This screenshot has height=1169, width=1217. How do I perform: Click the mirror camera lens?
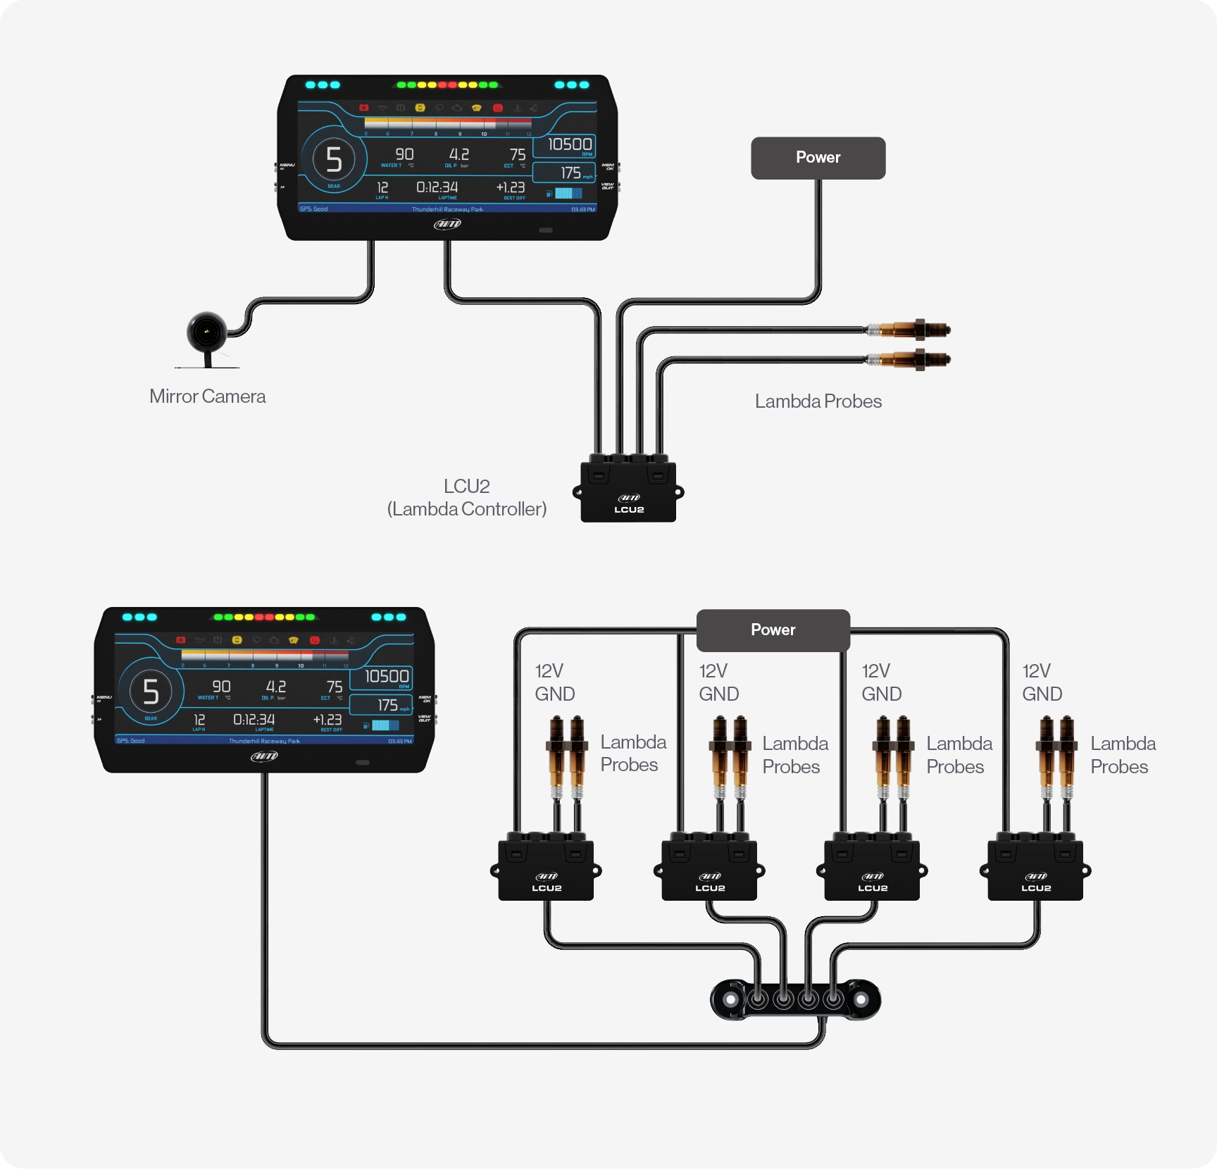[x=206, y=332]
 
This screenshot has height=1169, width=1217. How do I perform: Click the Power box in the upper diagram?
[x=818, y=158]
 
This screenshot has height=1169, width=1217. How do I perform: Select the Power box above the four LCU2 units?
[x=773, y=630]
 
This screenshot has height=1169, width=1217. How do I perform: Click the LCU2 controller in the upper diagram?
[x=628, y=492]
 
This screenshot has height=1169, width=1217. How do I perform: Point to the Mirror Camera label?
[x=207, y=396]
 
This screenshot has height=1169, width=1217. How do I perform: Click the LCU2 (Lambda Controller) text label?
[x=466, y=498]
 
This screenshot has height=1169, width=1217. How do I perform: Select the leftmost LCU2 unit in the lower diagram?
[x=546, y=870]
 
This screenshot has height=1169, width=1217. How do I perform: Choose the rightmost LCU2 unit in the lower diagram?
[x=1035, y=870]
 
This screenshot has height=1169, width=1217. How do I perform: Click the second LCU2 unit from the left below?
[x=709, y=870]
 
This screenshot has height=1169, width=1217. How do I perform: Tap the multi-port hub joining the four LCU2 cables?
[x=796, y=999]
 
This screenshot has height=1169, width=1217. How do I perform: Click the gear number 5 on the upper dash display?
[x=334, y=159]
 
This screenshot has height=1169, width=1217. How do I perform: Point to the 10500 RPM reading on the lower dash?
[x=386, y=677]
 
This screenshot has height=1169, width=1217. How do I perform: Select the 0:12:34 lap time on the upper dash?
[x=437, y=187]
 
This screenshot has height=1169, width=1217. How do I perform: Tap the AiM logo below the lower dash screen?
[x=264, y=756]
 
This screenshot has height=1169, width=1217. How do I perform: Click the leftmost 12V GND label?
[x=554, y=682]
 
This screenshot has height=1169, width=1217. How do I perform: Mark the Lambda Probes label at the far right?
[x=1123, y=755]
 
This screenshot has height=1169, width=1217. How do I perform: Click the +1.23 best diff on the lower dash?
[x=327, y=720]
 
